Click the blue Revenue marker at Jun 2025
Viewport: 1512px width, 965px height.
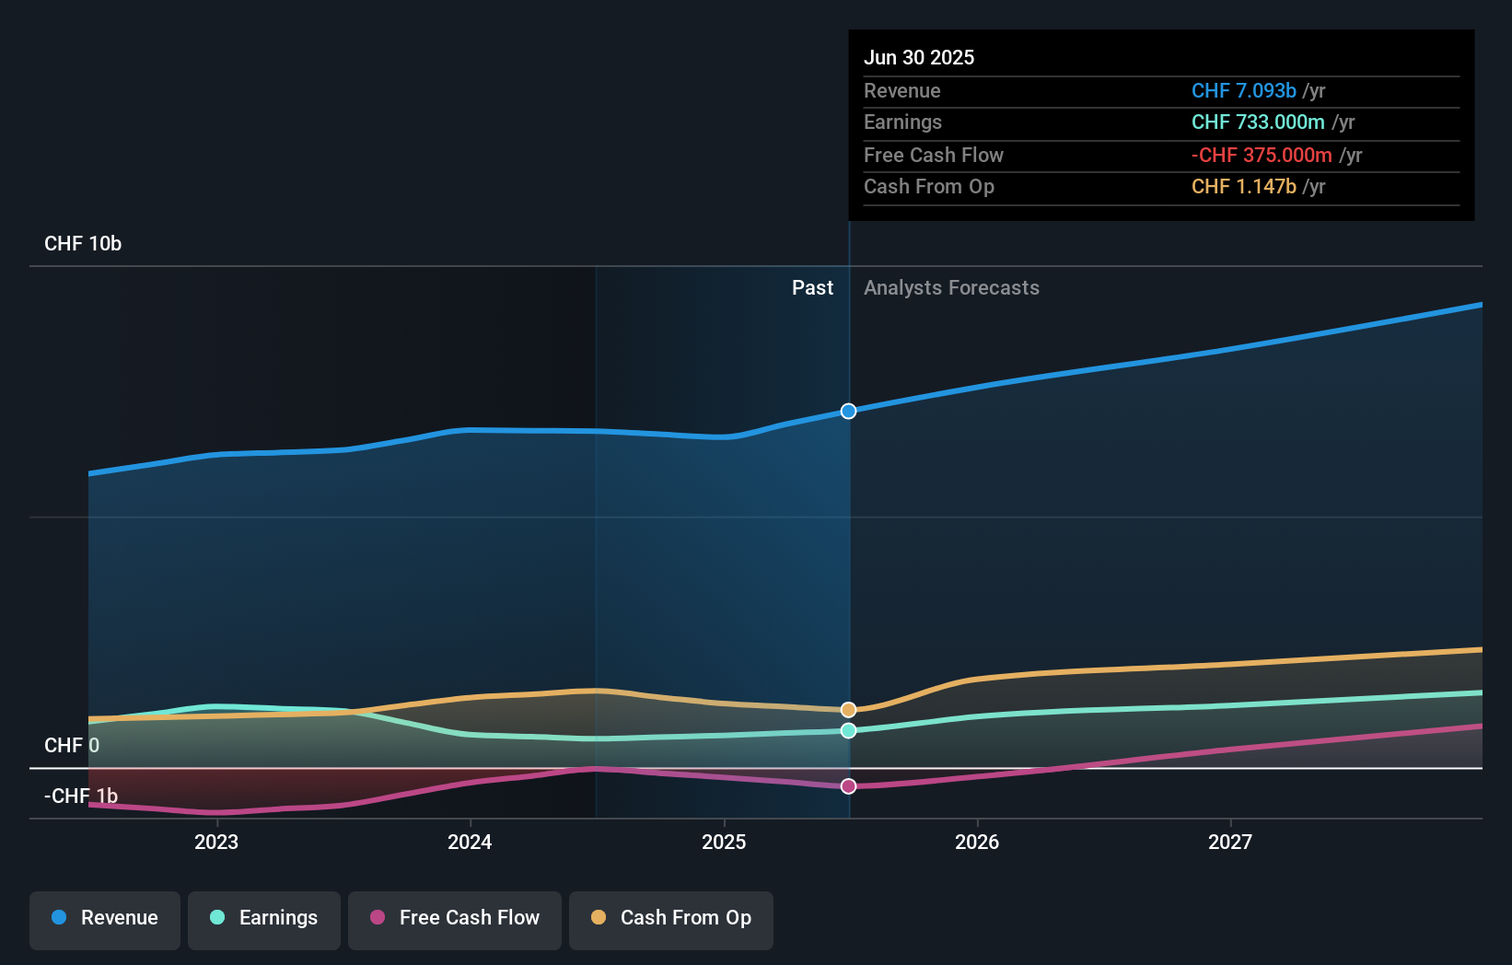tap(848, 411)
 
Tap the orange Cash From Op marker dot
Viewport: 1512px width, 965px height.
tap(848, 710)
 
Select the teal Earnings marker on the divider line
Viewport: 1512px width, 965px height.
tap(848, 730)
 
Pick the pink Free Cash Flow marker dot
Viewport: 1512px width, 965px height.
tap(848, 786)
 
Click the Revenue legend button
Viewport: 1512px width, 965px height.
tap(105, 918)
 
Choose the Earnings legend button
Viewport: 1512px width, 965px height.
tap(264, 918)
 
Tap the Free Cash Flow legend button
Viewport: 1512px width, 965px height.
tap(455, 918)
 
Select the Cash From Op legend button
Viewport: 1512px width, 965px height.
tap(671, 918)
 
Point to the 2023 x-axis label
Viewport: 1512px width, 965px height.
tap(216, 842)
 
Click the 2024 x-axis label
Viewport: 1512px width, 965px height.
tap(470, 842)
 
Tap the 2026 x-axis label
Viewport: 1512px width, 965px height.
tap(977, 842)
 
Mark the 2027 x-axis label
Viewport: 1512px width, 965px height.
tap(1230, 842)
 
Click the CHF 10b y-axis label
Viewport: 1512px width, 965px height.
tap(83, 244)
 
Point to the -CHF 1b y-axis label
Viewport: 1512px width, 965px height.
tap(81, 796)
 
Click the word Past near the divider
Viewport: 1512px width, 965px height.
tap(812, 288)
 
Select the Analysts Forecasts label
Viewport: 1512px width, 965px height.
tap(951, 288)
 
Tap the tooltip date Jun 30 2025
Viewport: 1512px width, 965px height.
tap(919, 57)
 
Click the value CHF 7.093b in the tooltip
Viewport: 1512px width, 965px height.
tap(1243, 90)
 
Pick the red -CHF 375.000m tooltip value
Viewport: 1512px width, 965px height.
tap(1262, 155)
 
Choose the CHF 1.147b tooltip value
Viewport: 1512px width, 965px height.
tap(1243, 186)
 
